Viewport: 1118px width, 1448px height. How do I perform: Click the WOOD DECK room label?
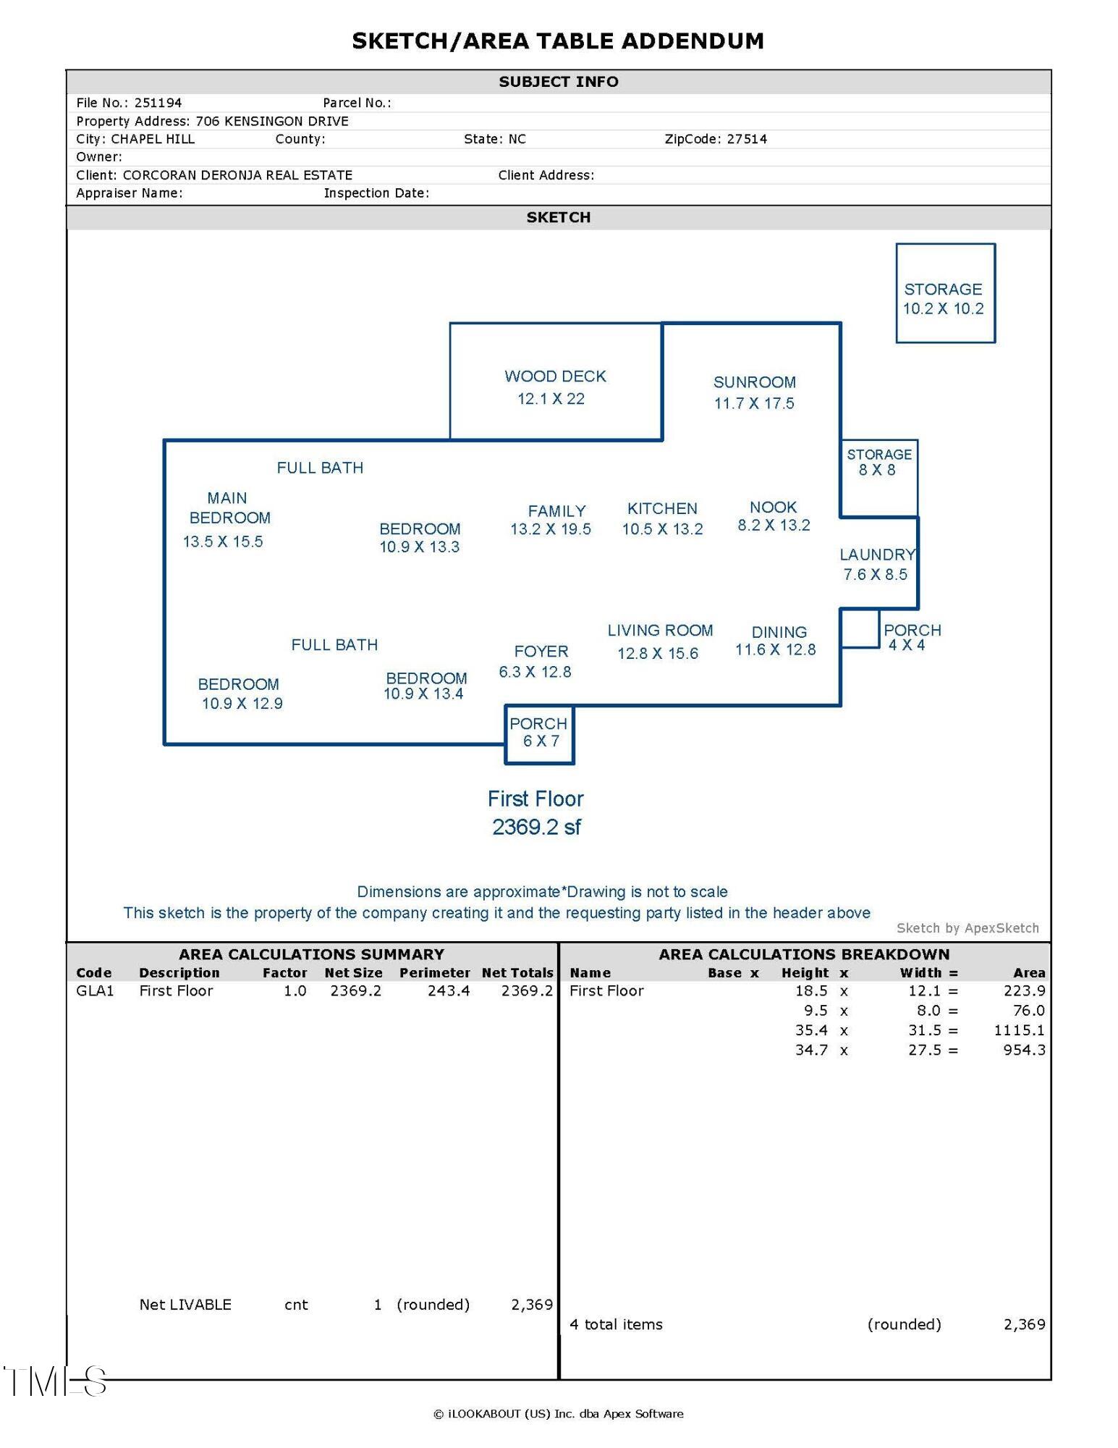coord(555,376)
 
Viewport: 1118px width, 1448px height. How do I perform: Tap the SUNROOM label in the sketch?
coord(754,382)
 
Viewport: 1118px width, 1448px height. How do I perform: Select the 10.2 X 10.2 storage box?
coord(945,293)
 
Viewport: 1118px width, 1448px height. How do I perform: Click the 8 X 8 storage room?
coord(878,478)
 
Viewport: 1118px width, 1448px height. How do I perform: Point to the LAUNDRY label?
coord(877,555)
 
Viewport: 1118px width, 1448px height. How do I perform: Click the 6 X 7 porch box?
coord(539,734)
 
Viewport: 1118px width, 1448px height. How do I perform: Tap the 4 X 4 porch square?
coord(860,628)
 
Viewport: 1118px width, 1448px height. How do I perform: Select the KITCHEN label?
coord(662,509)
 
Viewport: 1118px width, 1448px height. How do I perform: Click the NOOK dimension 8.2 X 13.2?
coord(774,526)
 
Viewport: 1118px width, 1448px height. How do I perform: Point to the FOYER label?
coord(541,652)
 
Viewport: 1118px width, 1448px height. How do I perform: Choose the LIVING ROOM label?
coord(660,631)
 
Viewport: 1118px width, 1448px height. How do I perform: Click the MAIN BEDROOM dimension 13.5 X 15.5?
coord(223,542)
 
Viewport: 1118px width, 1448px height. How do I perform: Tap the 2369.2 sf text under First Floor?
coord(536,827)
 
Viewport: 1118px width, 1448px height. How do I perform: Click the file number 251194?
coord(158,103)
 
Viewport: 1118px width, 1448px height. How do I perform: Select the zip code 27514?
coord(747,139)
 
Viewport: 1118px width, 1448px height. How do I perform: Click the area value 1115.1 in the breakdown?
coord(1019,1030)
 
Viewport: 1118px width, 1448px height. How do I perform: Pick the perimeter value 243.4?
coord(448,990)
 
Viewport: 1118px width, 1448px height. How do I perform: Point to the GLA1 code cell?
coord(95,990)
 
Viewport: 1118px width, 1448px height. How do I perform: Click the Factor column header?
coord(284,973)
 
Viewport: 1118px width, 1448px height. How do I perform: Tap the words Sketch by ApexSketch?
coord(967,928)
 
